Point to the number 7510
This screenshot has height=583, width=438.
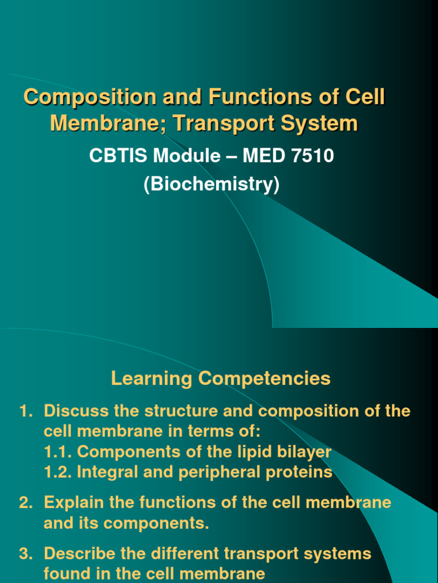point(313,155)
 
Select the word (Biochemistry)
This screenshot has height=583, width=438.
point(212,185)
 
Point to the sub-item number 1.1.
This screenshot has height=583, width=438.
point(58,452)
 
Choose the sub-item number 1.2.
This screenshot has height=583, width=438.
point(58,473)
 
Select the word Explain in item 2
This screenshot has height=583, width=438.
point(73,503)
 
